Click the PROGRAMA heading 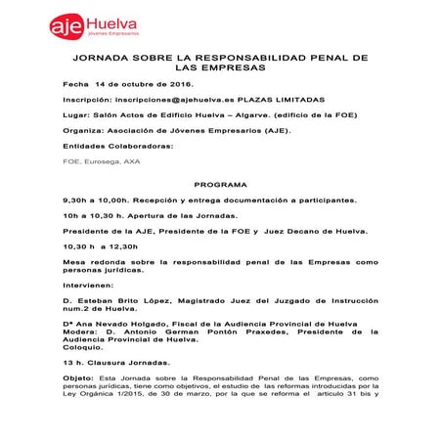[220, 183]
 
